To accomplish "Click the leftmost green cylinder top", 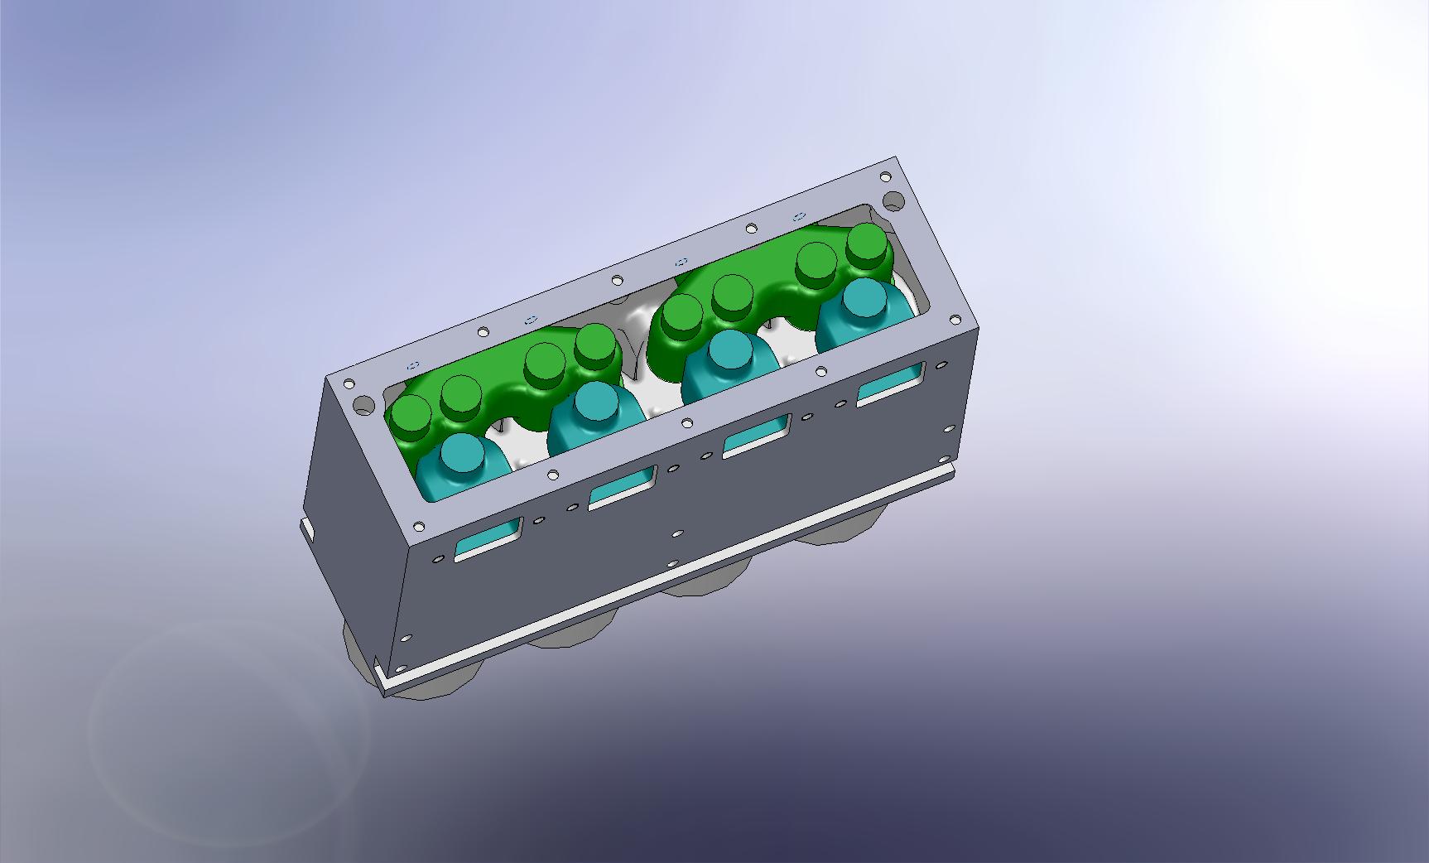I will pos(411,415).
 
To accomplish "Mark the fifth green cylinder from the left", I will pos(683,314).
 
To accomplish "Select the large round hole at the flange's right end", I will pos(893,200).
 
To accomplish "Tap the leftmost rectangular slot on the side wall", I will pos(489,539).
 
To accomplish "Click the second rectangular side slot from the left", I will pos(623,488).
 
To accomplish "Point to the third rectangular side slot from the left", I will pos(756,436).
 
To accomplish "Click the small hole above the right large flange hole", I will pos(886,176).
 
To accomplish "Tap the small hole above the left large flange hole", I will pos(349,384).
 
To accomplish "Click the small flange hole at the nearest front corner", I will pos(418,526).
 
